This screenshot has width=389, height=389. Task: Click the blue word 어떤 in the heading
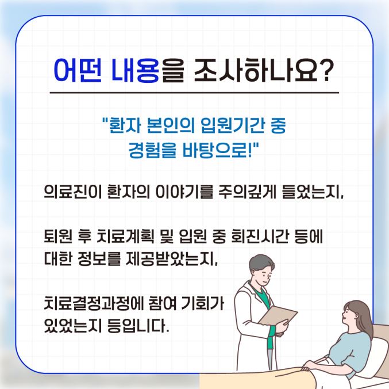pyautogui.click(x=78, y=70)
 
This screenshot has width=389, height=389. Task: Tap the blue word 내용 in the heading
pyautogui.click(x=135, y=70)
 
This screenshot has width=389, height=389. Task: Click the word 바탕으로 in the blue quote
pyautogui.click(x=215, y=150)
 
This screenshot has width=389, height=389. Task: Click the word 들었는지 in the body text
pyautogui.click(x=311, y=192)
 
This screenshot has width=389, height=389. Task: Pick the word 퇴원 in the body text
pyautogui.click(x=58, y=237)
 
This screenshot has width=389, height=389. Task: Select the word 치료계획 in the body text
pyautogui.click(x=125, y=237)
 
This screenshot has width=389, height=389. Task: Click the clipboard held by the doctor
pyautogui.click(x=278, y=315)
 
